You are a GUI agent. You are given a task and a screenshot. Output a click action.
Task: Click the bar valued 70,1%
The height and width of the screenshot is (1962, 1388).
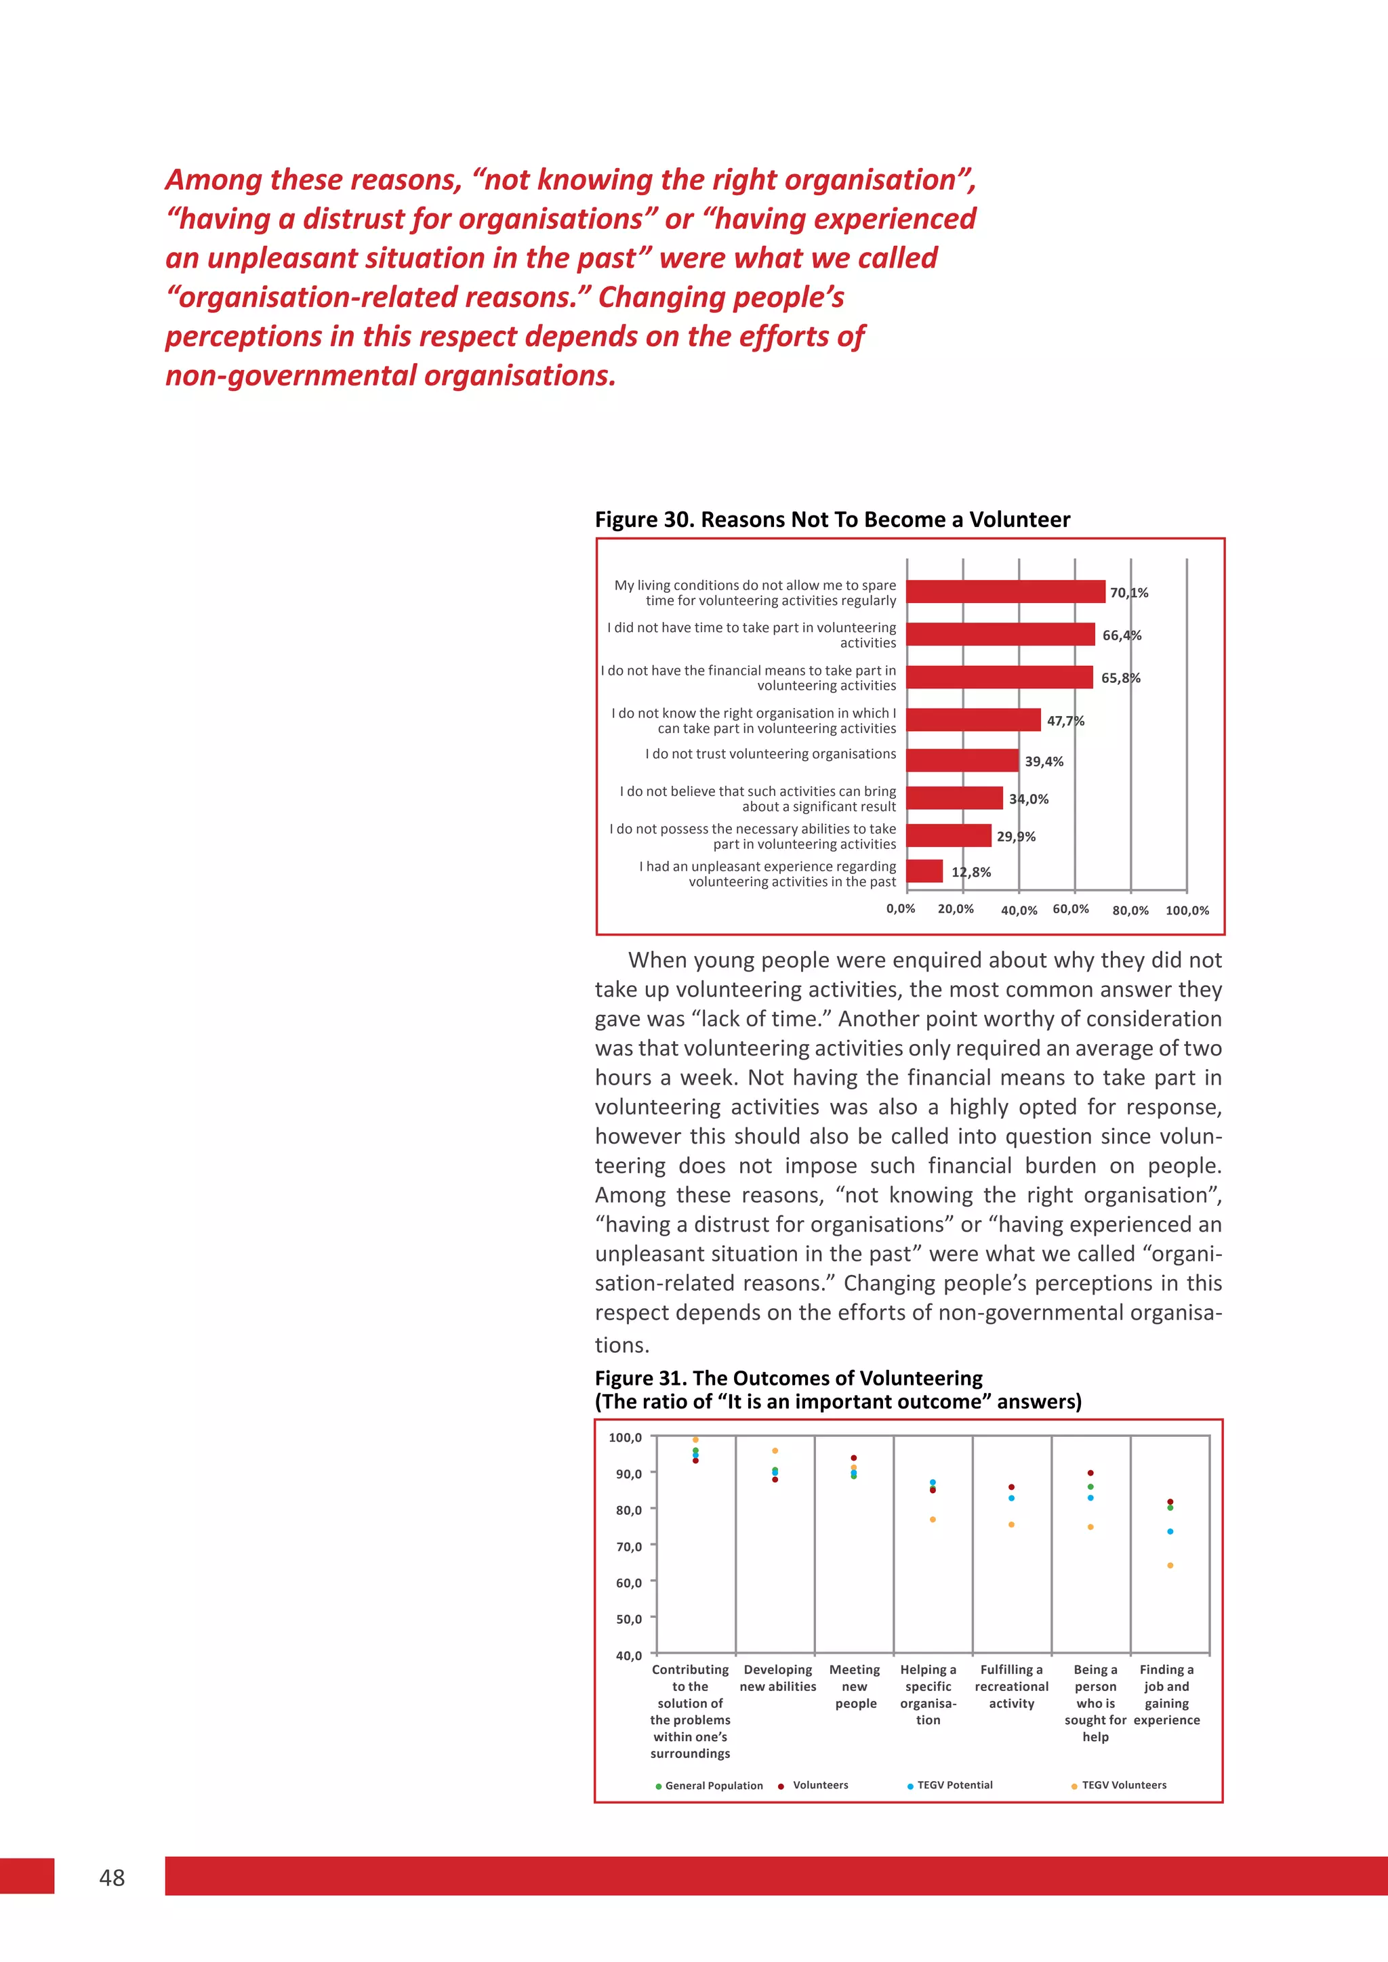pyautogui.click(x=1005, y=591)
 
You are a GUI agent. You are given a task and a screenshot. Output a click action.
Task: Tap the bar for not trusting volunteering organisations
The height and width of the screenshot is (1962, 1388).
pyautogui.click(x=962, y=761)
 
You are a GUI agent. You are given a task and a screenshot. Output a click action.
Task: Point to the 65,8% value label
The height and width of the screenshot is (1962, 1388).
pyautogui.click(x=1120, y=677)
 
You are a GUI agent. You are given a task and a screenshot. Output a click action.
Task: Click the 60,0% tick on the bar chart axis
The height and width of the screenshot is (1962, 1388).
pyautogui.click(x=1070, y=909)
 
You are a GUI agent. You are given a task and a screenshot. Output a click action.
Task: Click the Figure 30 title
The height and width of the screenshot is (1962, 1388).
pyautogui.click(x=832, y=520)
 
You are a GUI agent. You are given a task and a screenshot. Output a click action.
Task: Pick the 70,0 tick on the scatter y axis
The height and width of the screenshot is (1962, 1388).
pyautogui.click(x=628, y=1547)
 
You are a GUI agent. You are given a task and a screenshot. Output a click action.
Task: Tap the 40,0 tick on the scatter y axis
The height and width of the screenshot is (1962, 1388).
pyautogui.click(x=628, y=1655)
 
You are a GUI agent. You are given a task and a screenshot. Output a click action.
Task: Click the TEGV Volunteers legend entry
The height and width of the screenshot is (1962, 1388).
pyautogui.click(x=1123, y=1785)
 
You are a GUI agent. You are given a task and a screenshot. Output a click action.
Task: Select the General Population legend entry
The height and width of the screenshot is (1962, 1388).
pyautogui.click(x=713, y=1786)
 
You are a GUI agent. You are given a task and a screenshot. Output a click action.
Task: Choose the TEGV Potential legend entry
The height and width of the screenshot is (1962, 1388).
pyautogui.click(x=954, y=1785)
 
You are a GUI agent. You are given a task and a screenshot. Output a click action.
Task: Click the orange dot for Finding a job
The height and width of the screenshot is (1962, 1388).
pyautogui.click(x=1169, y=1566)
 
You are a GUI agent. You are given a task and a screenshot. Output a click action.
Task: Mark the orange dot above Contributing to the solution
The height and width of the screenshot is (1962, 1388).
pyautogui.click(x=695, y=1440)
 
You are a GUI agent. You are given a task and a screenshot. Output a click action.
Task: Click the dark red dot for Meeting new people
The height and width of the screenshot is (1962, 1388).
pyautogui.click(x=853, y=1458)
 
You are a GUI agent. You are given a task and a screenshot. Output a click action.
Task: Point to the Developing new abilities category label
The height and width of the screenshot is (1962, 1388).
pyautogui.click(x=778, y=1677)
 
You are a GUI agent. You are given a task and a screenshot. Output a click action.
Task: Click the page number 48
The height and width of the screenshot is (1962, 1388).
pyautogui.click(x=112, y=1877)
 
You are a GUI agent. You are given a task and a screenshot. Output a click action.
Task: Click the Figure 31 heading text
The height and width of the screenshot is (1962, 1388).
pyautogui.click(x=788, y=1379)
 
